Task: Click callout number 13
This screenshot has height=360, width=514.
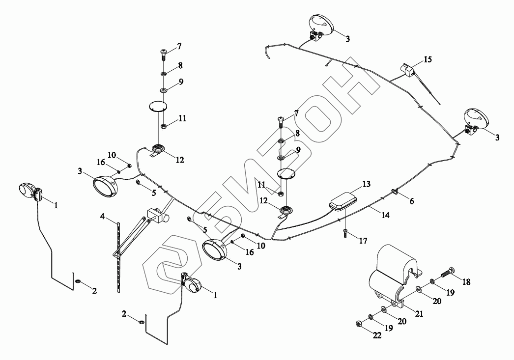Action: tap(367, 184)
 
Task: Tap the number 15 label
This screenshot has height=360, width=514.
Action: tap(428, 60)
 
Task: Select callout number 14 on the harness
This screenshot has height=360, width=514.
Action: tap(385, 215)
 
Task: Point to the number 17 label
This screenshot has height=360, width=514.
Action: tap(363, 241)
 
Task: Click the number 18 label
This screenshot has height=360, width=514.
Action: tap(466, 282)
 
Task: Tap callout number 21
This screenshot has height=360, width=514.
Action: tap(419, 314)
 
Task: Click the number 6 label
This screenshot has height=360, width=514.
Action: tap(411, 201)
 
